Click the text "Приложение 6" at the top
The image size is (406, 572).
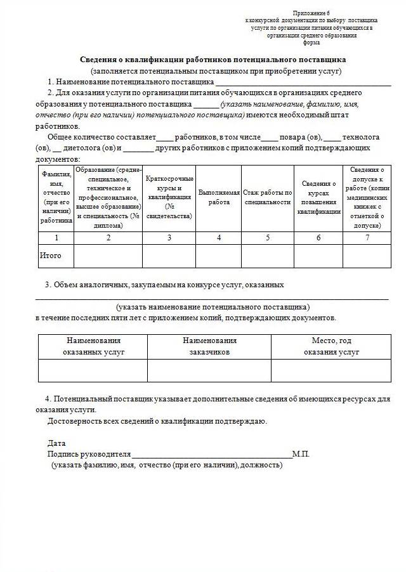(x=311, y=13)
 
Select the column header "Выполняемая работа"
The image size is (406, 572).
(x=219, y=197)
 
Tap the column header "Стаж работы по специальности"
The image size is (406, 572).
(x=267, y=197)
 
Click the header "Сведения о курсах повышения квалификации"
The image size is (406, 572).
(x=318, y=197)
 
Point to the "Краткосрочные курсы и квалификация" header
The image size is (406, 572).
(x=169, y=197)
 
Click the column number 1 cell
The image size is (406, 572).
(x=56, y=238)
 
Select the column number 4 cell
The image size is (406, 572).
(x=219, y=238)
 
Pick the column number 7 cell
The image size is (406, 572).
(x=367, y=238)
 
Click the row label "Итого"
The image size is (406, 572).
(x=51, y=256)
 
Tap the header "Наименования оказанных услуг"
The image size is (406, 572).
(x=93, y=346)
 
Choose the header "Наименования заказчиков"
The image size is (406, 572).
(x=209, y=346)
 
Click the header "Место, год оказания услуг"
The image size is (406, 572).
(x=331, y=346)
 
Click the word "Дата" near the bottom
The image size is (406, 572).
(x=56, y=443)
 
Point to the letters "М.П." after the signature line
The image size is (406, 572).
(x=301, y=454)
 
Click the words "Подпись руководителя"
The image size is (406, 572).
(x=89, y=454)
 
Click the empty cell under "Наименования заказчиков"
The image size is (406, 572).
(x=209, y=370)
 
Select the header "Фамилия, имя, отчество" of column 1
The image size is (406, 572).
(x=56, y=197)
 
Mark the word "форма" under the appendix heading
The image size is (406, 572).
(x=311, y=42)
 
